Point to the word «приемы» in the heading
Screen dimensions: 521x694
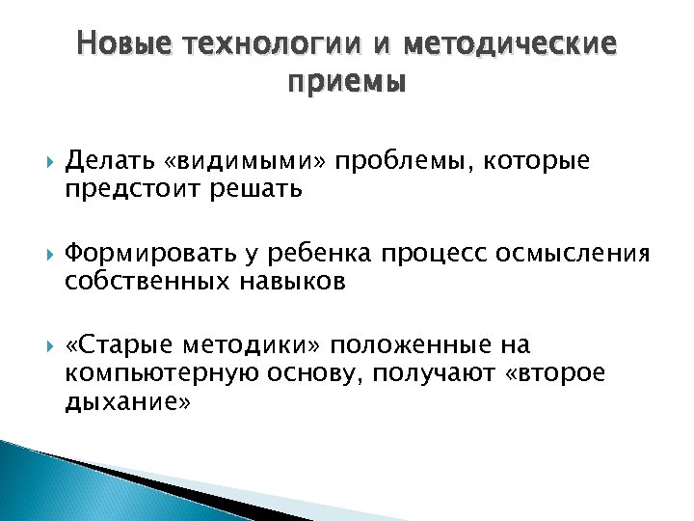pos(347,83)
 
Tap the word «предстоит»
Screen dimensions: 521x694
pos(129,189)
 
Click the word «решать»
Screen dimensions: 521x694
pos(253,189)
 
